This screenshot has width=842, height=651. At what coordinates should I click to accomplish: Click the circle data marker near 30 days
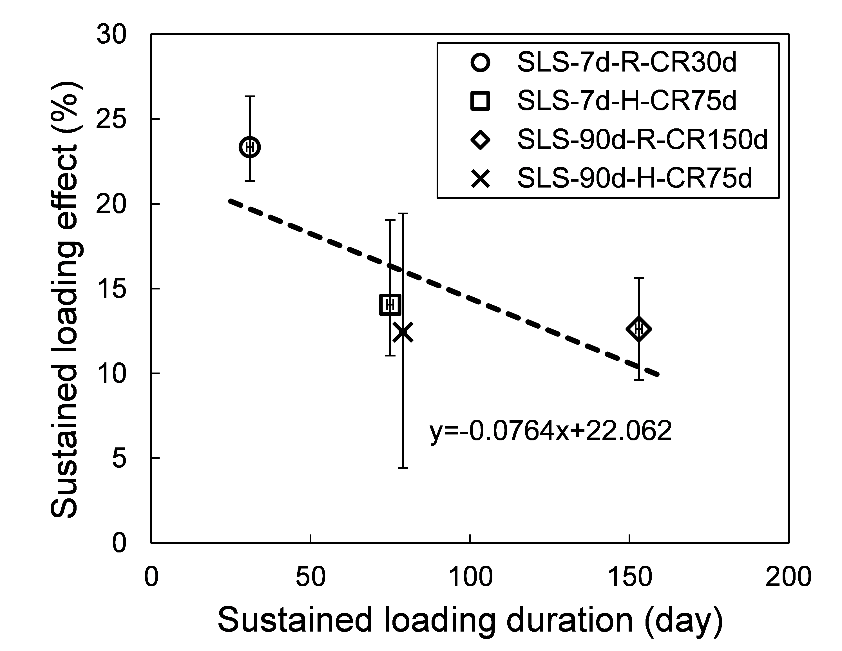pyautogui.click(x=250, y=147)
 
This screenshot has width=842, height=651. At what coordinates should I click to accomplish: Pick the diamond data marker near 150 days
pyautogui.click(x=639, y=329)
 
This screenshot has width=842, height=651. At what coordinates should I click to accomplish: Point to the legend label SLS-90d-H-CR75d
pyautogui.click(x=635, y=178)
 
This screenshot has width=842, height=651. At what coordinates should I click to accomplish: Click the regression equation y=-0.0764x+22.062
pyautogui.click(x=551, y=431)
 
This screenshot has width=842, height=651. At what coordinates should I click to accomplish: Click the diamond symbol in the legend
pyautogui.click(x=480, y=140)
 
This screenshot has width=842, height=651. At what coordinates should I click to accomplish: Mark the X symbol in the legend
pyautogui.click(x=480, y=178)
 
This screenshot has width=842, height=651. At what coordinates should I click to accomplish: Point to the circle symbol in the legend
pyautogui.click(x=480, y=63)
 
